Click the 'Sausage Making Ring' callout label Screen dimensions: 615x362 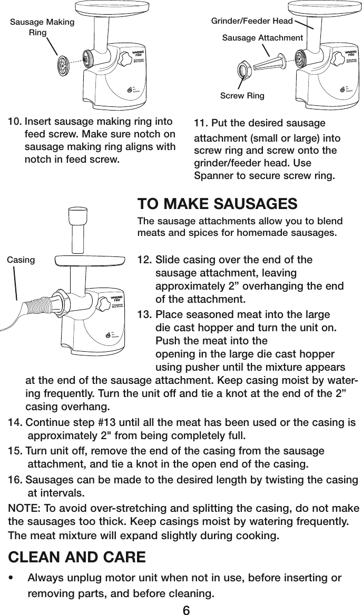pyautogui.click(x=43, y=27)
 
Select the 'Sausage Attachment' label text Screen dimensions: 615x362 pyautogui.click(x=262, y=38)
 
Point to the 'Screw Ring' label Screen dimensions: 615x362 pyautogui.click(x=242, y=96)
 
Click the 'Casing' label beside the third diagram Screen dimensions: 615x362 pyautogui.click(x=21, y=260)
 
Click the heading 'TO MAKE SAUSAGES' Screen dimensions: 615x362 pyautogui.click(x=217, y=204)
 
